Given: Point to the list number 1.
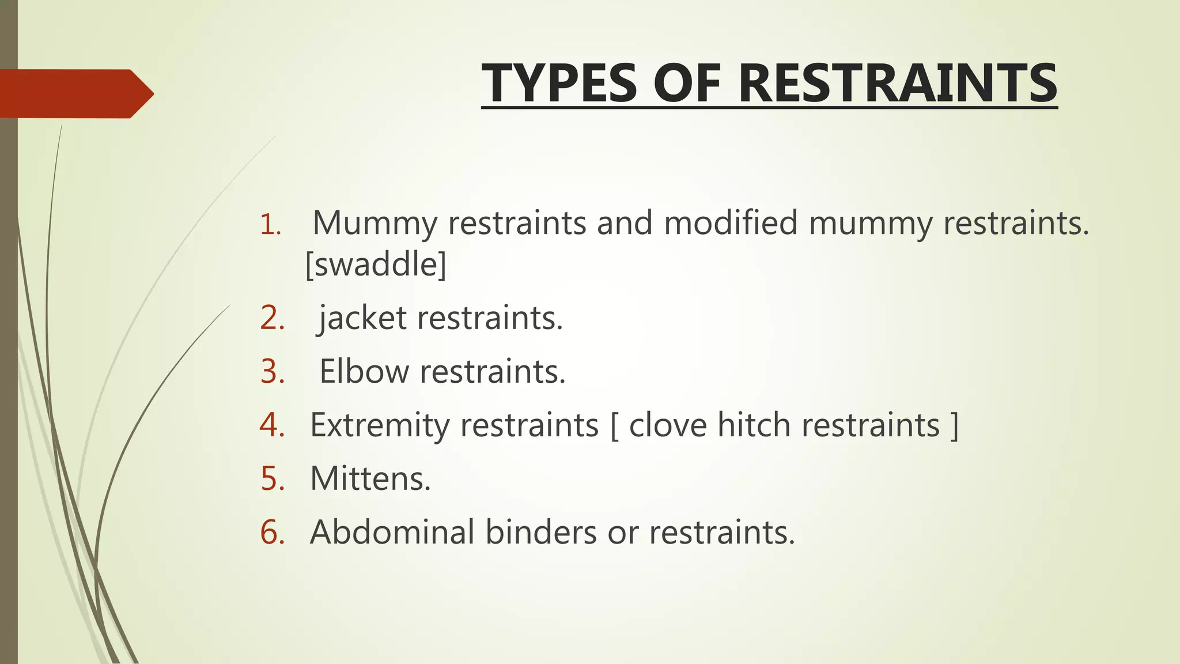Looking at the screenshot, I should (x=270, y=225).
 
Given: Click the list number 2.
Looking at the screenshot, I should (x=273, y=318).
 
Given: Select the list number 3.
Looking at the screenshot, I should (x=273, y=372).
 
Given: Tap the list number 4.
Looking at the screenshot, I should (x=273, y=425).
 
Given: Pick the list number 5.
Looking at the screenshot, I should (x=273, y=479).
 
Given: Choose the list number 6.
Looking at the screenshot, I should (x=273, y=532).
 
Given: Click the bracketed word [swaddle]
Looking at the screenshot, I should (x=376, y=265).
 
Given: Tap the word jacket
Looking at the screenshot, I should (x=362, y=318).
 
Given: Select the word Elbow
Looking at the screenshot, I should (x=364, y=372).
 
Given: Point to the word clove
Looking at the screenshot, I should (x=668, y=425).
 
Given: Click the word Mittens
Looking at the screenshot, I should (x=370, y=479).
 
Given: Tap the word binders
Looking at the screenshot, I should (x=540, y=532).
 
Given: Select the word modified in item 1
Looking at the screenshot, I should (x=731, y=224).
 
